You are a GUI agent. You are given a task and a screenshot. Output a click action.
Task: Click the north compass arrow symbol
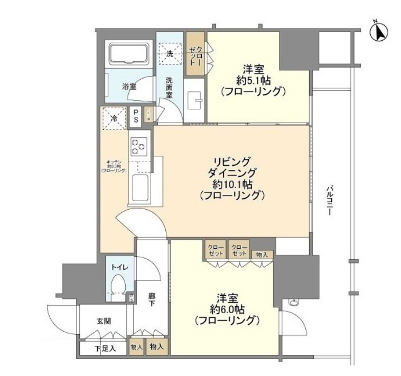pos(379,32)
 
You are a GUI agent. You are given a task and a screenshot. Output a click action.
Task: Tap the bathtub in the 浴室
pos(130,55)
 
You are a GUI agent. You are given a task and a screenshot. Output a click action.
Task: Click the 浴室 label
pos(129,86)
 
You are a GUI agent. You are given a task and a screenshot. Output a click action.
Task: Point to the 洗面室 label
pos(169,88)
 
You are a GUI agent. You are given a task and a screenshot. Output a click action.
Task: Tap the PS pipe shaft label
pos(136,116)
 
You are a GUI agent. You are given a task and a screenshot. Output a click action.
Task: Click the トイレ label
pos(119,268)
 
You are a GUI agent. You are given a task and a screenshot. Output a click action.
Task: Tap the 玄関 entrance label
pos(104,321)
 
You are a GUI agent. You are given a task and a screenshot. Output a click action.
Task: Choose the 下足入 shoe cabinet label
pos(105,348)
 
